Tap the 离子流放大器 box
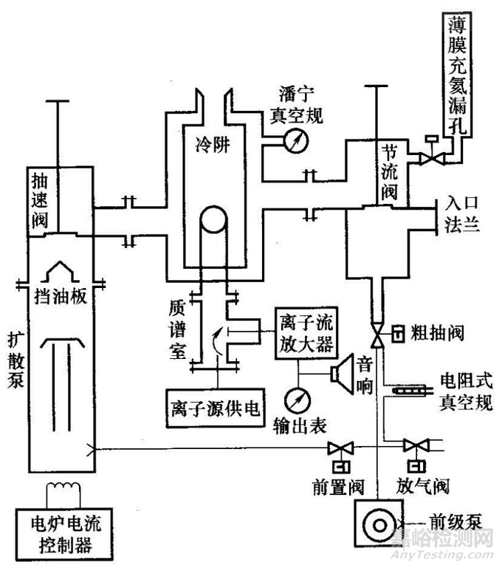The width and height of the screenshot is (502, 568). [300, 334]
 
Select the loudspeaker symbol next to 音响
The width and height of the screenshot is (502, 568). [343, 371]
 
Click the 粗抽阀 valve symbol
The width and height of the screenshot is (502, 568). [379, 337]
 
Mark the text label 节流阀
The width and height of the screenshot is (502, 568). [389, 172]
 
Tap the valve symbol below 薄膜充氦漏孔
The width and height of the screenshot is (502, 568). [427, 157]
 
